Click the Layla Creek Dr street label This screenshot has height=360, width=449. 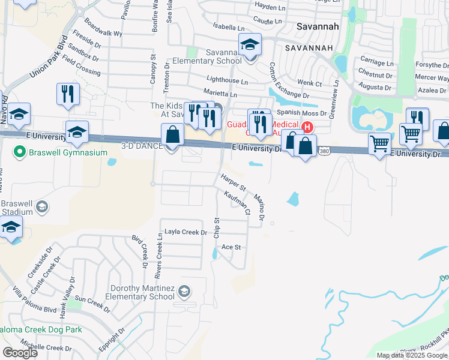coord(186,232)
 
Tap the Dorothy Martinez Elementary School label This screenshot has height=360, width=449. coord(139,293)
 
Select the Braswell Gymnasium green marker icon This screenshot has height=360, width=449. coord(20,151)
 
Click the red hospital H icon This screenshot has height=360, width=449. coord(308,127)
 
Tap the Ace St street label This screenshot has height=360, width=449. coord(231,247)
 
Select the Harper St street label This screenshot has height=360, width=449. coord(233,182)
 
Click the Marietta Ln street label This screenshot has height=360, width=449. coord(220,94)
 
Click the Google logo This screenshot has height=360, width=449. coord(20,353)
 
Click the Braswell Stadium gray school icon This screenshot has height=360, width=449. coord(42,207)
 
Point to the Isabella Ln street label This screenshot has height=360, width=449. coord(229,28)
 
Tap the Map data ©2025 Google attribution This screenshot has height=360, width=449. coord(412,355)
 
